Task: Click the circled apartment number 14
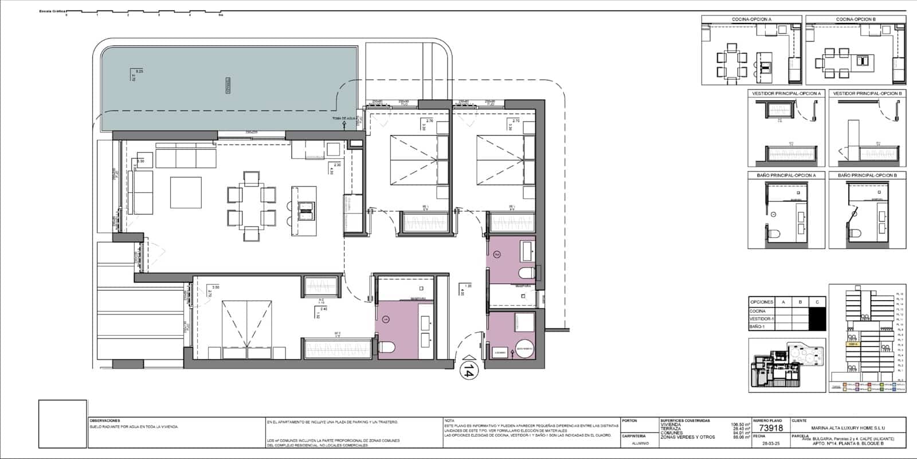(x=468, y=369)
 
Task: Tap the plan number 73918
(x=770, y=428)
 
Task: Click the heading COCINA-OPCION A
(x=751, y=20)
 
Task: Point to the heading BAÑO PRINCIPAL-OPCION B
(x=867, y=175)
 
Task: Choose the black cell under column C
(x=817, y=318)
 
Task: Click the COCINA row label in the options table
(x=758, y=311)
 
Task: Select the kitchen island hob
(x=307, y=211)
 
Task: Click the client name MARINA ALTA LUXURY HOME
(x=848, y=427)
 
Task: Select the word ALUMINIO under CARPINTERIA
(x=641, y=444)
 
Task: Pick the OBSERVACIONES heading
(x=105, y=421)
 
